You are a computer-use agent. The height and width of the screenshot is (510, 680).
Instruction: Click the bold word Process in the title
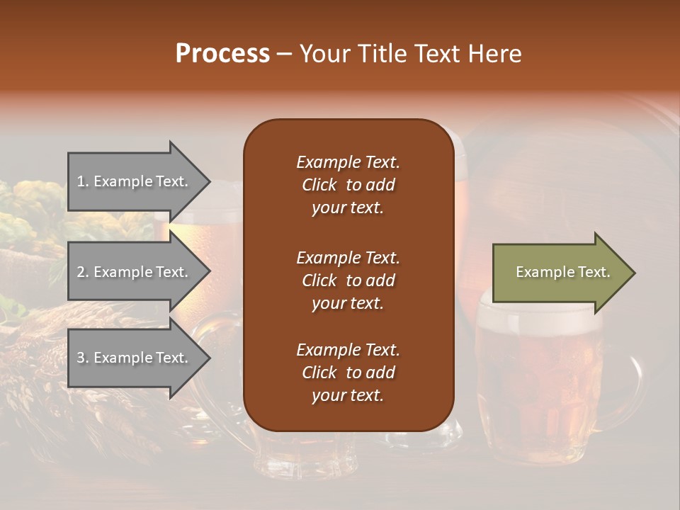tap(222, 54)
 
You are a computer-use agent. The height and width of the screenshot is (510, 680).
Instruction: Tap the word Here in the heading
tap(493, 54)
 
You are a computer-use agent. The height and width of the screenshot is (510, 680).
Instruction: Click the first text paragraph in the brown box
tap(348, 185)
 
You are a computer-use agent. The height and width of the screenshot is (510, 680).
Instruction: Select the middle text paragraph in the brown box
tap(348, 280)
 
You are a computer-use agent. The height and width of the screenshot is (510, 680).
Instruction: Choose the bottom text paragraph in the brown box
tap(348, 373)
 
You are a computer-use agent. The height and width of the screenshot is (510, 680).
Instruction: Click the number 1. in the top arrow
tap(83, 181)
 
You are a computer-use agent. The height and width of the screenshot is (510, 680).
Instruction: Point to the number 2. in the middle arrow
tap(83, 272)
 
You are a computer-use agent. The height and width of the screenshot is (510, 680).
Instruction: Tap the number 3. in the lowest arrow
tap(83, 358)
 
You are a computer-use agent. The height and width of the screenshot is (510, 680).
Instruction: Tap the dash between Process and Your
tap(284, 55)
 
